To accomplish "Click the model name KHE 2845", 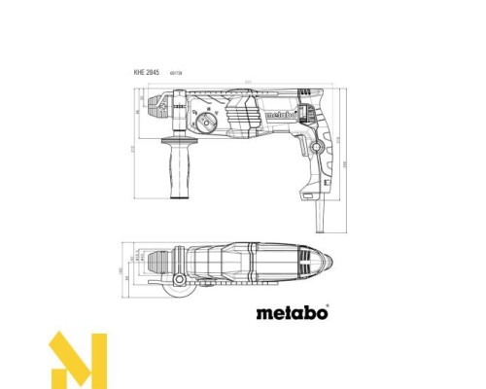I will [147, 74].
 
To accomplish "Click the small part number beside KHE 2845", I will [177, 75].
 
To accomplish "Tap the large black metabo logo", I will [292, 313].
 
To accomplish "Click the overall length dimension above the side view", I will [249, 80].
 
